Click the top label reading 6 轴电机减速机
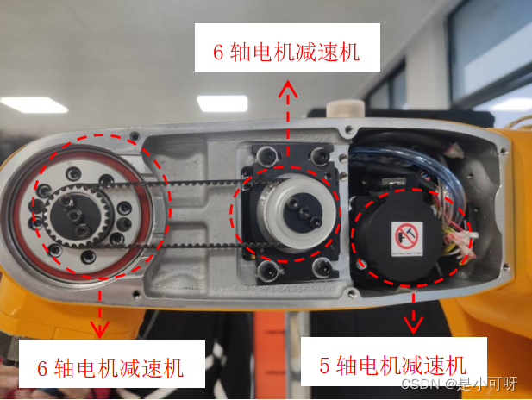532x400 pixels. tap(285, 54)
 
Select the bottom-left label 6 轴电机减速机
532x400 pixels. tap(110, 369)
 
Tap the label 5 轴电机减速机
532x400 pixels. tap(392, 365)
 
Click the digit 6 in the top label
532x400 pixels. tap(219, 54)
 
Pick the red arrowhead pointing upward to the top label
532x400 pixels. tap(289, 88)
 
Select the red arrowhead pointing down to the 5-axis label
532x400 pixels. tap(414, 324)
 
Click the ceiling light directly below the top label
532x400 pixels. tap(222, 103)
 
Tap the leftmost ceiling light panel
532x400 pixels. tap(33, 104)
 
